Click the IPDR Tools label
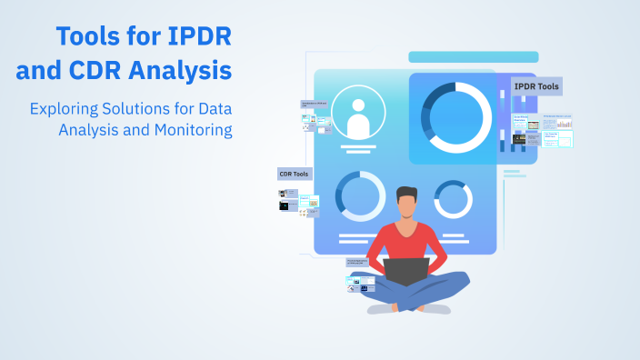pyautogui.click(x=536, y=86)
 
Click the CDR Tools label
pyautogui.click(x=295, y=174)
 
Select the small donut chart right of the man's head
pyautogui.click(x=452, y=198)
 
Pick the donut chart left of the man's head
pyautogui.click(x=360, y=195)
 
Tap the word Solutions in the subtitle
pyautogui.click(x=135, y=108)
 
